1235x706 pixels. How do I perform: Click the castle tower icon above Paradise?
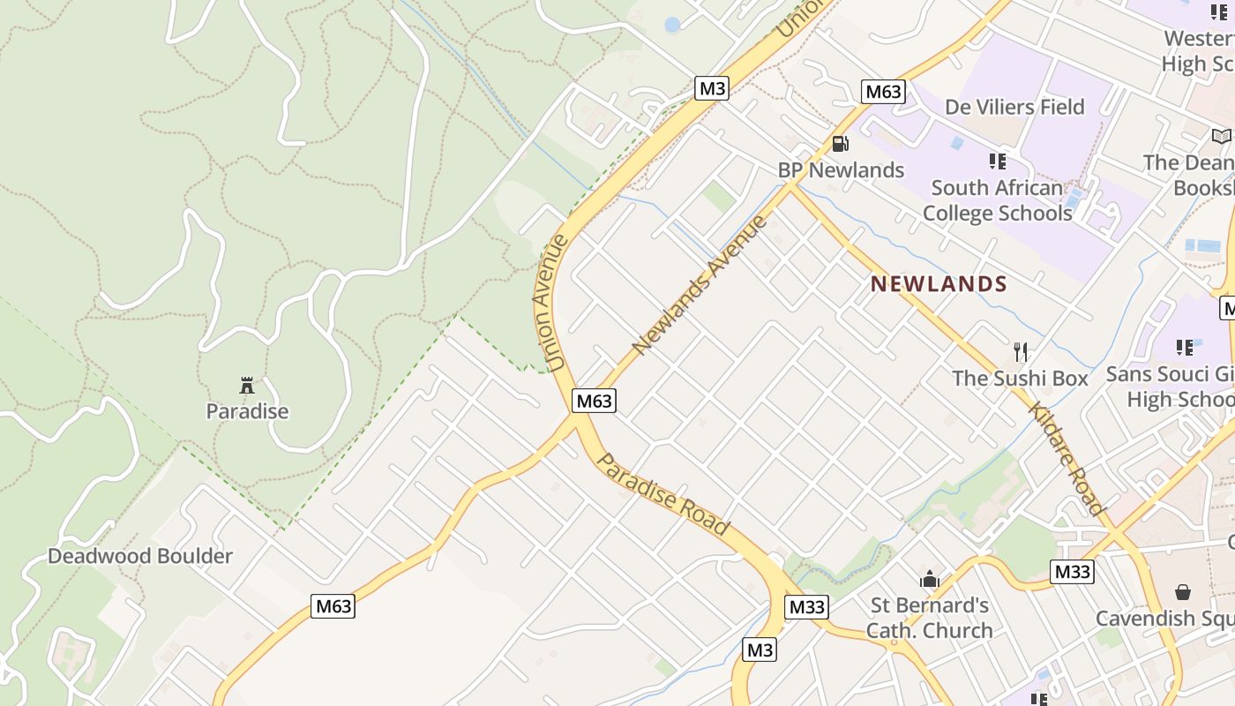click(x=247, y=386)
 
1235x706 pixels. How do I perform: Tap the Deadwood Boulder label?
click(x=140, y=556)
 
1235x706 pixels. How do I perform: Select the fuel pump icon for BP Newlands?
click(x=841, y=144)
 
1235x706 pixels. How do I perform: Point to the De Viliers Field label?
click(x=1014, y=107)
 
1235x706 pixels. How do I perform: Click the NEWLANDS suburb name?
click(x=939, y=284)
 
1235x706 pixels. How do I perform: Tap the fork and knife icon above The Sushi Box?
click(x=1021, y=352)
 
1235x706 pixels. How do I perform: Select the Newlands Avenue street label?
click(x=700, y=283)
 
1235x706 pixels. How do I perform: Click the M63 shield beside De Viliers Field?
click(x=883, y=92)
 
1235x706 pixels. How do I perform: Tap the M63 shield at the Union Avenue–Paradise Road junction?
click(x=594, y=401)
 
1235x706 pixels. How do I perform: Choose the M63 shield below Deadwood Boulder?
click(x=333, y=606)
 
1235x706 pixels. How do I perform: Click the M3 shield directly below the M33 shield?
click(x=760, y=650)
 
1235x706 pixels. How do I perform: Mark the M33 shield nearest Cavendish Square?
click(x=1073, y=572)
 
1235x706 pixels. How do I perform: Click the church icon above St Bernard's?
click(x=929, y=580)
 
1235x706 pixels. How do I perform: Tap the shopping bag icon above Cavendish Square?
click(x=1182, y=592)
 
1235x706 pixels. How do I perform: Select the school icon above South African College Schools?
click(x=998, y=161)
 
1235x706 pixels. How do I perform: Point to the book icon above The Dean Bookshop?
click(x=1222, y=137)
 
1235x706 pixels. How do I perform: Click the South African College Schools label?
click(x=997, y=200)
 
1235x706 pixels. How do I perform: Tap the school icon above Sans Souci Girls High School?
click(x=1185, y=348)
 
